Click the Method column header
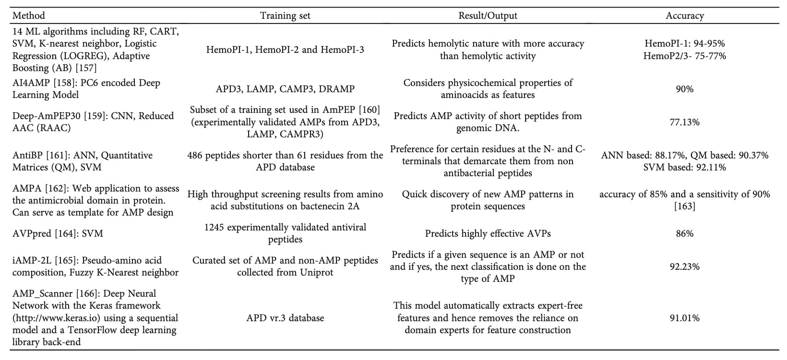pyautogui.click(x=29, y=15)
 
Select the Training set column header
pyautogui.click(x=285, y=15)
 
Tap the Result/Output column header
pyautogui.click(x=488, y=15)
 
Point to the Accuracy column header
pyautogui.click(x=684, y=15)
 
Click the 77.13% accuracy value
pyautogui.click(x=684, y=122)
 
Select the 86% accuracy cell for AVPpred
pyautogui.click(x=684, y=234)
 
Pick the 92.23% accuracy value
pyautogui.click(x=684, y=266)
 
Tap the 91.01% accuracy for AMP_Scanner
pyautogui.click(x=684, y=318)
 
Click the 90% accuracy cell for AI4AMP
pyautogui.click(x=684, y=89)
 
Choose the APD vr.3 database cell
pyautogui.click(x=285, y=318)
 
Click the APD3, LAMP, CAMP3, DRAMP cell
pyautogui.click(x=285, y=89)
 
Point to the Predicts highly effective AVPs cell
pyautogui.click(x=488, y=234)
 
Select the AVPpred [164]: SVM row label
pyautogui.click(x=58, y=234)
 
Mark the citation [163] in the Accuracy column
pyautogui.click(x=684, y=206)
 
